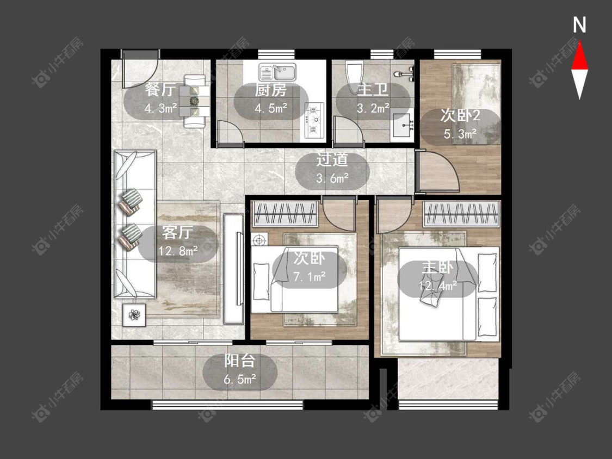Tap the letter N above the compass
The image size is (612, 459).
point(579,25)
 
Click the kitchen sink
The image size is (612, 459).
point(277,72)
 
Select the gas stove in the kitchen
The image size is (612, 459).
point(314,120)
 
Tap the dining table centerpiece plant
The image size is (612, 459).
point(194,101)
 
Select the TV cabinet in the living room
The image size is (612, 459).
point(233,269)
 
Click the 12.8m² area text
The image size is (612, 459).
point(177,251)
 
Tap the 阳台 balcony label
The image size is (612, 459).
point(239,361)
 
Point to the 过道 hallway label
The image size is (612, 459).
point(332,160)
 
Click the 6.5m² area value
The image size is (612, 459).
point(240,379)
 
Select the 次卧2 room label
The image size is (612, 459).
point(460,115)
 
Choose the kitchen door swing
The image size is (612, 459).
point(230,132)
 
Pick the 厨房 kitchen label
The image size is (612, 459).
point(270,90)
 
